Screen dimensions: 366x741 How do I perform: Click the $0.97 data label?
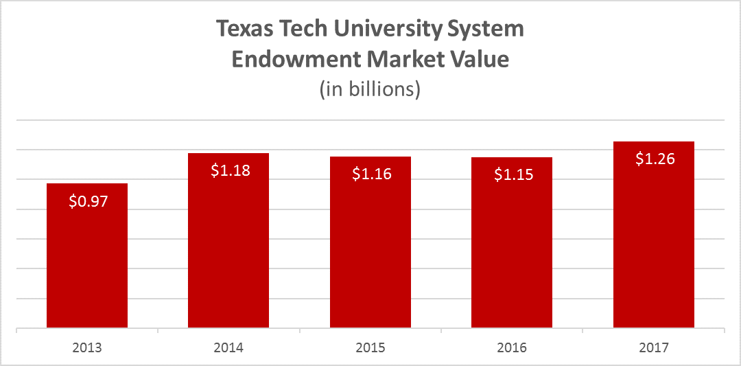tap(89, 202)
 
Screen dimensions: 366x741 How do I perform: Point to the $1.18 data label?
tap(230, 171)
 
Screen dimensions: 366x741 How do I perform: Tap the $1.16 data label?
tap(372, 174)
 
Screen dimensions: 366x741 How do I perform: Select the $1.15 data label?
tap(514, 174)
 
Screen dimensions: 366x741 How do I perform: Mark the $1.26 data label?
tap(655, 159)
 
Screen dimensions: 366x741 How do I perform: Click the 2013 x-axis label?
tap(87, 348)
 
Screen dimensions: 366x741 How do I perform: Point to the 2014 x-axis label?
tap(228, 348)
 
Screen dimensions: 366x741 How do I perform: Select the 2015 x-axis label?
tap(370, 348)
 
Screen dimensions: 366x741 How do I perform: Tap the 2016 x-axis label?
tap(513, 348)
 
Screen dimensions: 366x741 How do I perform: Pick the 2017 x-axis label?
tap(654, 348)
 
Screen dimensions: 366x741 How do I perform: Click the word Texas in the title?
tap(242, 30)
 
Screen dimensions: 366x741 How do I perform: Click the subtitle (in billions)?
tap(370, 89)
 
